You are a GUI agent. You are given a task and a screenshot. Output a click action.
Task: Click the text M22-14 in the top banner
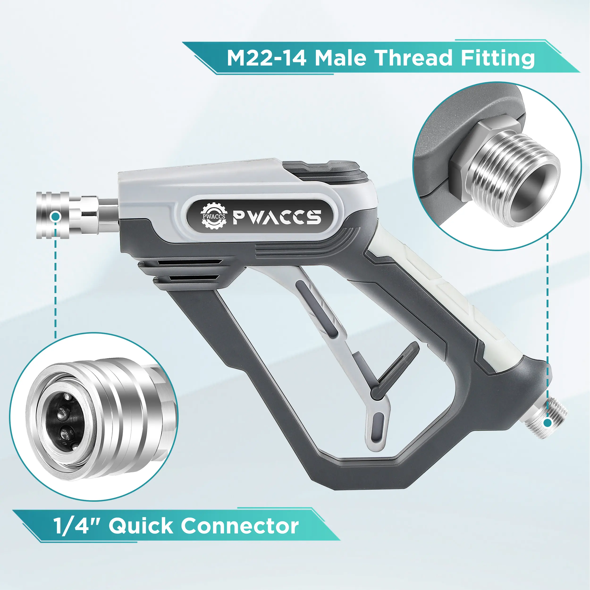(267, 58)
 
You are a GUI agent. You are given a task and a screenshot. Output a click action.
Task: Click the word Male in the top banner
(340, 58)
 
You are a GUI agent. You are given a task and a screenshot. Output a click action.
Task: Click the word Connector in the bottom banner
(240, 526)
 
